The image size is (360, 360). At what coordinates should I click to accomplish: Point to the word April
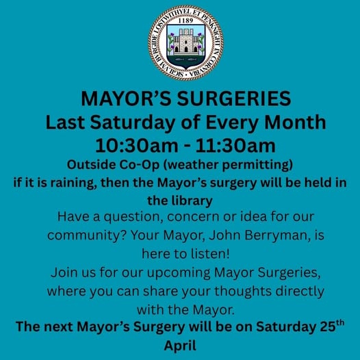180,344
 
